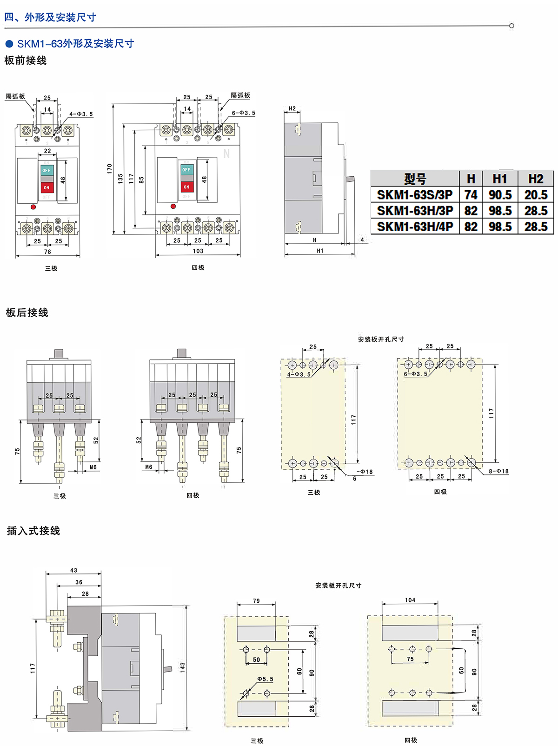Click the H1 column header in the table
click(x=500, y=179)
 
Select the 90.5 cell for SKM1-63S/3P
click(x=500, y=195)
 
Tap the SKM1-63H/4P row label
click(x=415, y=227)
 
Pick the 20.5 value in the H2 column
click(x=536, y=195)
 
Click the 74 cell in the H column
click(x=471, y=195)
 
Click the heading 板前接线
click(x=26, y=60)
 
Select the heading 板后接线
click(x=27, y=313)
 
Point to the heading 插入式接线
click(x=33, y=531)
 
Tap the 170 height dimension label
click(x=110, y=168)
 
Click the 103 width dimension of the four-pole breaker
click(x=198, y=251)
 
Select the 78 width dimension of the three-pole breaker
click(x=47, y=252)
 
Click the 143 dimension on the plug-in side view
click(x=183, y=667)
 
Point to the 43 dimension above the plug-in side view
click(x=73, y=570)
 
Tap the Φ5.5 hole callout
click(x=266, y=679)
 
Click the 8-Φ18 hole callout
click(x=498, y=471)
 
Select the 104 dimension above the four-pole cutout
click(x=410, y=600)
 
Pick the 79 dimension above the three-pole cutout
click(x=256, y=601)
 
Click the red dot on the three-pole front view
click(x=33, y=207)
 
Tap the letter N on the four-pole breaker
click(x=226, y=153)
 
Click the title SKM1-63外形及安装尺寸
click(x=75, y=44)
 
